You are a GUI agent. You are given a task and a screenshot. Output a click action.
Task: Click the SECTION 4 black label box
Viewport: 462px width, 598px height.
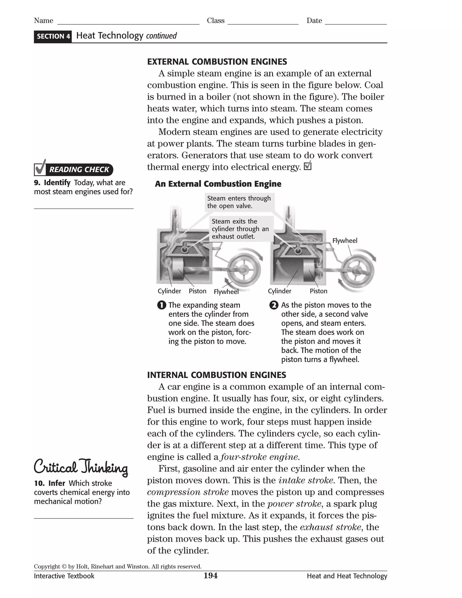point(53,36)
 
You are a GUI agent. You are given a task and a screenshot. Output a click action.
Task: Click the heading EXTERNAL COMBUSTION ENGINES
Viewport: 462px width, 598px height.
point(217,62)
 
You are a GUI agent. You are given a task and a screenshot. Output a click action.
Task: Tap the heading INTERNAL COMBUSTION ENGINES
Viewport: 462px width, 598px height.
point(217,375)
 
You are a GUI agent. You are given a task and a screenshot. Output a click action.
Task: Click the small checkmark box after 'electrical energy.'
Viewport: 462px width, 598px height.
point(308,166)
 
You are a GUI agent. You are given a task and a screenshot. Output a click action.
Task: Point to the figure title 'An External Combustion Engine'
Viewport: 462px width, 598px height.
point(218,184)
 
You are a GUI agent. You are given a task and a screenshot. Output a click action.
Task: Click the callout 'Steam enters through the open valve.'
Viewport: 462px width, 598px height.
point(239,202)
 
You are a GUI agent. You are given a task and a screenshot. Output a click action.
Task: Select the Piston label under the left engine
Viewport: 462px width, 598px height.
point(197,291)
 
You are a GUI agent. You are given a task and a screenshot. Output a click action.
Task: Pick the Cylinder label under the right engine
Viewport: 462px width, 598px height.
point(280,291)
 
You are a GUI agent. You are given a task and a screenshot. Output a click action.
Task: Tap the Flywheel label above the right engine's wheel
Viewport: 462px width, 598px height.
point(345,241)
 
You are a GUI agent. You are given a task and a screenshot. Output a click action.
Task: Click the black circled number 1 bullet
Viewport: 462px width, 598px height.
point(162,305)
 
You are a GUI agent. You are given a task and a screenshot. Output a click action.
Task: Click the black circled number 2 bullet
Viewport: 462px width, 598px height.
point(274,305)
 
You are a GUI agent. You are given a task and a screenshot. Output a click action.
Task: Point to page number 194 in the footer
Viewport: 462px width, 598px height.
point(210,576)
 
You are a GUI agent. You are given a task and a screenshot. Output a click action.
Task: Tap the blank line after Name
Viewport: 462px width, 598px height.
point(128,24)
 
